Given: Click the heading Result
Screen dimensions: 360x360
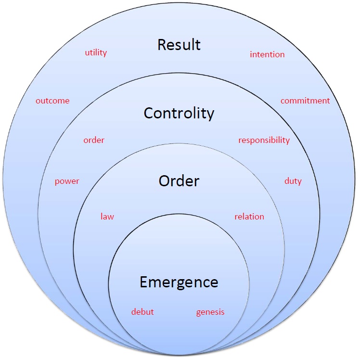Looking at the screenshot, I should pos(179,45).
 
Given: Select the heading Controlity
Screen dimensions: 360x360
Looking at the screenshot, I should pos(179,113).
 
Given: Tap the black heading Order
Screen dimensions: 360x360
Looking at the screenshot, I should pos(179,181).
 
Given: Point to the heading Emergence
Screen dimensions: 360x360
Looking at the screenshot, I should pos(179,282).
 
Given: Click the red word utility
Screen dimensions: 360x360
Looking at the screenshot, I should pos(96,53).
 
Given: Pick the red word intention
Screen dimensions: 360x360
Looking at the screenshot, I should pos(267,54).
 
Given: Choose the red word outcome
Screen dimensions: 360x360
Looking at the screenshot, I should pos(52,101).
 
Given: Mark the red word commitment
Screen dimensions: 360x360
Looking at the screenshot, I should pos(305,101).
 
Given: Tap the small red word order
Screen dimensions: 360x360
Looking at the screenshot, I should pos(94,140).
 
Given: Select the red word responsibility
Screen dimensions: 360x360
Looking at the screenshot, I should pos(264,141).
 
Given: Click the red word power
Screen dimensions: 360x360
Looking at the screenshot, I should pos(67,181).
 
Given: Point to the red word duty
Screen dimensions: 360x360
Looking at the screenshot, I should pos(293,181).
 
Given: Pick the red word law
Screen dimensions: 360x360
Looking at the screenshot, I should pos(107,217).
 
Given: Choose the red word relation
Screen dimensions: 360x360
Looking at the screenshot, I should pos(249,217).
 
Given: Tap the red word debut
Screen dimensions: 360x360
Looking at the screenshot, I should pos(142,312).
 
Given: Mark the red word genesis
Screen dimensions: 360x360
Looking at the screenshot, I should pos(210,312).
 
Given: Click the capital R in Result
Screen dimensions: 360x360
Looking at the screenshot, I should pos(162,45).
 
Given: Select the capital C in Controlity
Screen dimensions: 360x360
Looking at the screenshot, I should pos(149,113).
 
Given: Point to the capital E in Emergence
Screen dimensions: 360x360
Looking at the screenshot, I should pos(143,282).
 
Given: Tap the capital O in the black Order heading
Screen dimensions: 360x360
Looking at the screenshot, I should pos(165,181).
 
